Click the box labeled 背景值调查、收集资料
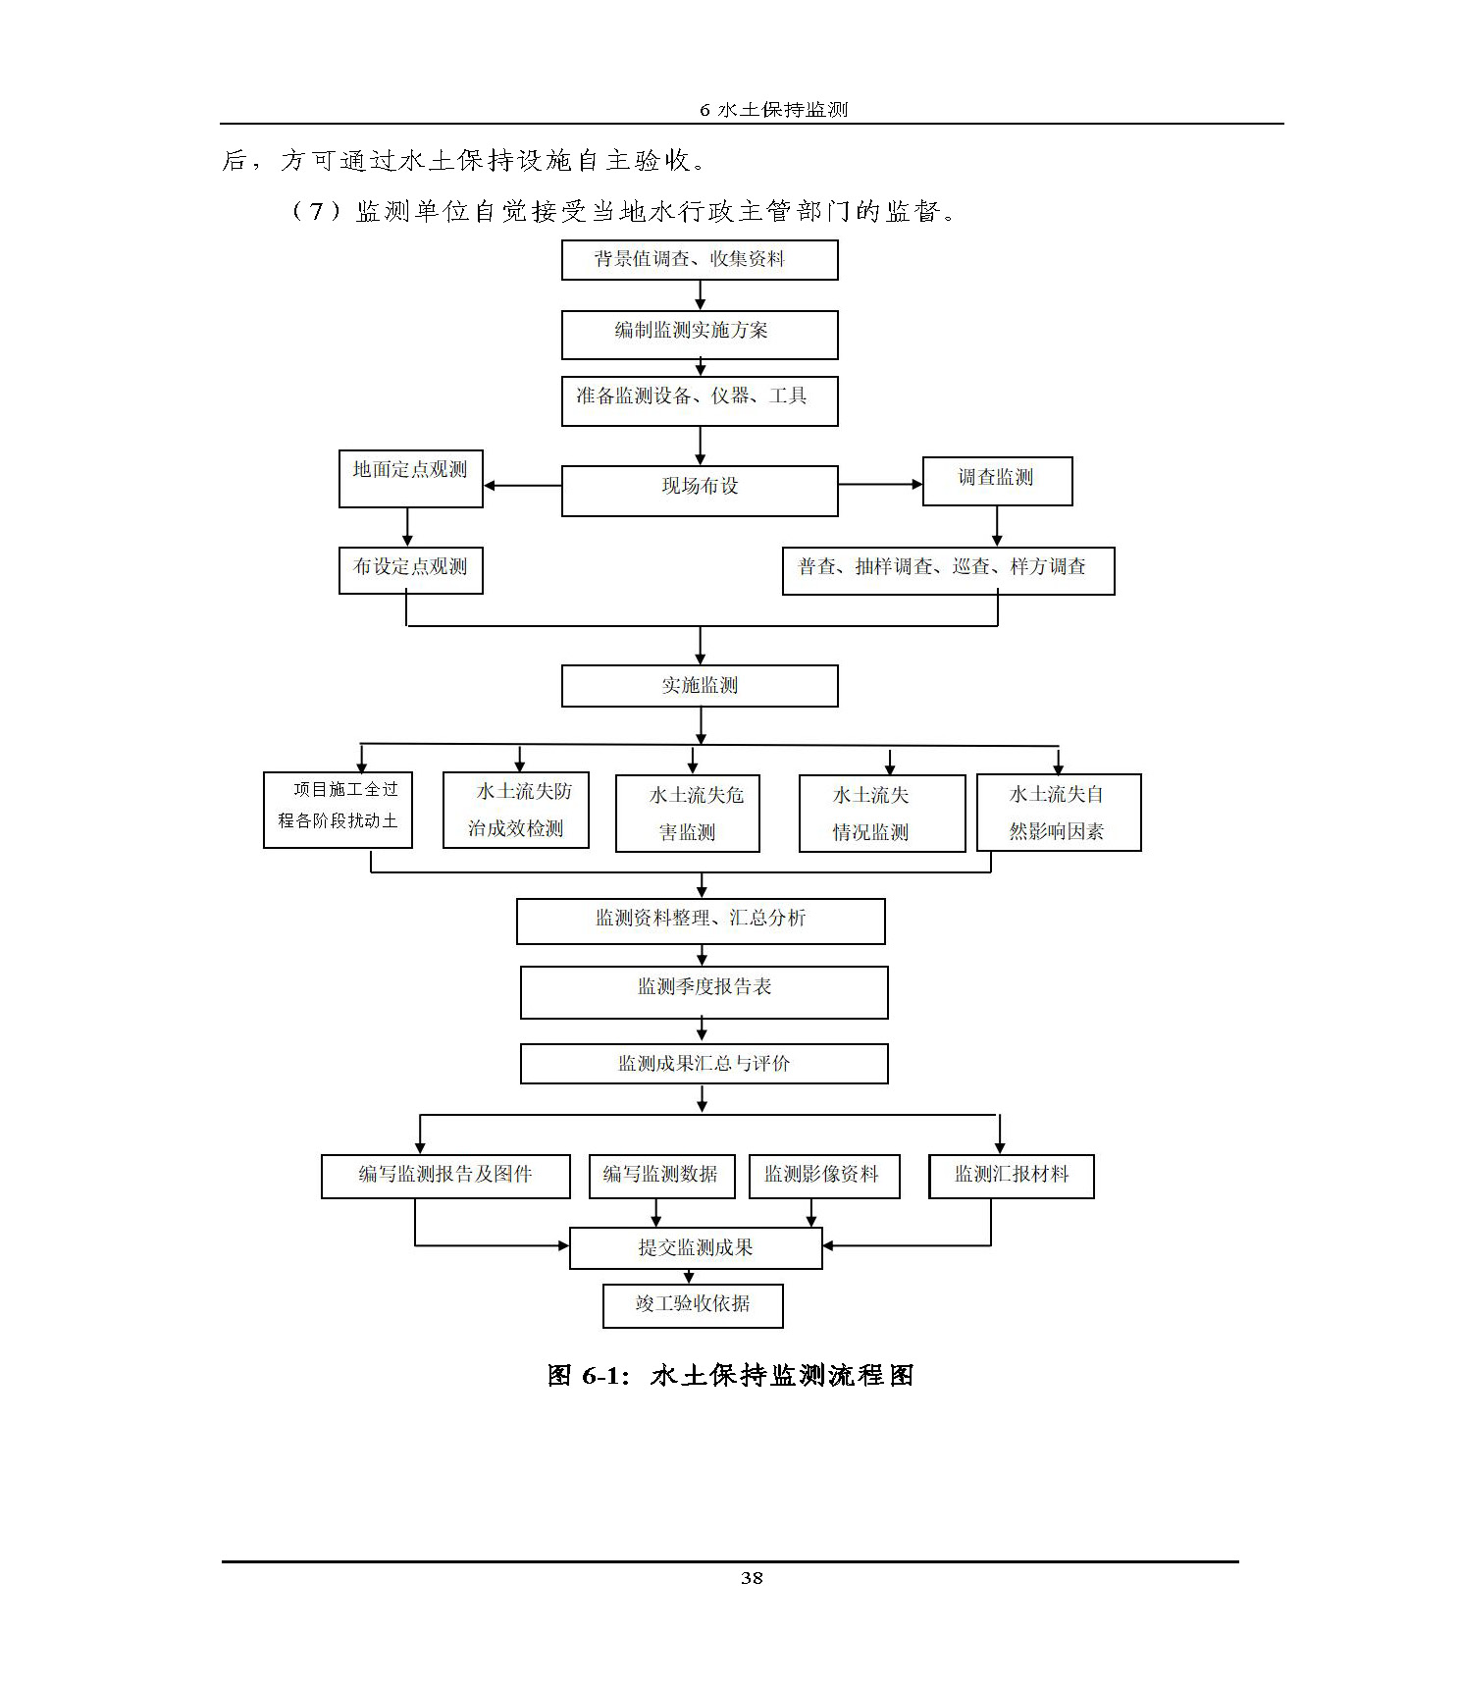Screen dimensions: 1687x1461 699,260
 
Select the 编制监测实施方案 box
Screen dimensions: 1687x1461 699,335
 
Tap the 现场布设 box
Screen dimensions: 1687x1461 699,490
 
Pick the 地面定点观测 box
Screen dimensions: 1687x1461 410,478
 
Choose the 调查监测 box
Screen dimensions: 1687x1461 997,481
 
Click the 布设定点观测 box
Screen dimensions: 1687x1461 410,570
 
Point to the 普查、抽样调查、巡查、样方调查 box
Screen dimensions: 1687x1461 948,570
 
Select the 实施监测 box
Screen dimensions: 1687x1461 699,686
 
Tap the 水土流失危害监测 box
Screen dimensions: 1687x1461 687,814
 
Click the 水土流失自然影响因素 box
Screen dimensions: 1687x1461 1059,813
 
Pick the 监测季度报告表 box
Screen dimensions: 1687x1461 704,992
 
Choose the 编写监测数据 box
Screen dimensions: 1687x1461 660,1176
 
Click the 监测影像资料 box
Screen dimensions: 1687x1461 824,1176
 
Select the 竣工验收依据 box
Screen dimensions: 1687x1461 693,1305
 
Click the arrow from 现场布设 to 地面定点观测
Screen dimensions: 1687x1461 522,485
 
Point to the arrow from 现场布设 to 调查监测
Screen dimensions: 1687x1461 880,484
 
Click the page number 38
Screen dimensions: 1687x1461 752,1578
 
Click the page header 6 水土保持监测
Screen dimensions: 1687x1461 773,110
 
